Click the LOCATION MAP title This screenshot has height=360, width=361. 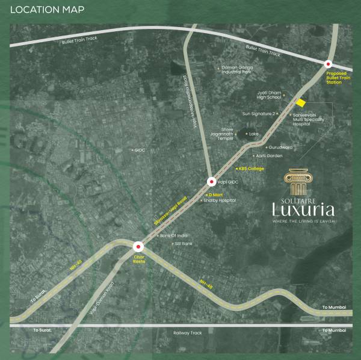(47, 10)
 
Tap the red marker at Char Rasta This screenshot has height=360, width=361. (138, 246)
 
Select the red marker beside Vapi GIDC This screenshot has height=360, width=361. (212, 182)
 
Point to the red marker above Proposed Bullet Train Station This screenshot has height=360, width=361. (329, 64)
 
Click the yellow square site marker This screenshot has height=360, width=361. (301, 103)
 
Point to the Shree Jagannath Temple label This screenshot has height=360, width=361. (221, 134)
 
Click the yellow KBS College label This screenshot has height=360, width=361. (251, 169)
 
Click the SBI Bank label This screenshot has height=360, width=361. (182, 244)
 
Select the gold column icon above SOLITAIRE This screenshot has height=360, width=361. (301, 180)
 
